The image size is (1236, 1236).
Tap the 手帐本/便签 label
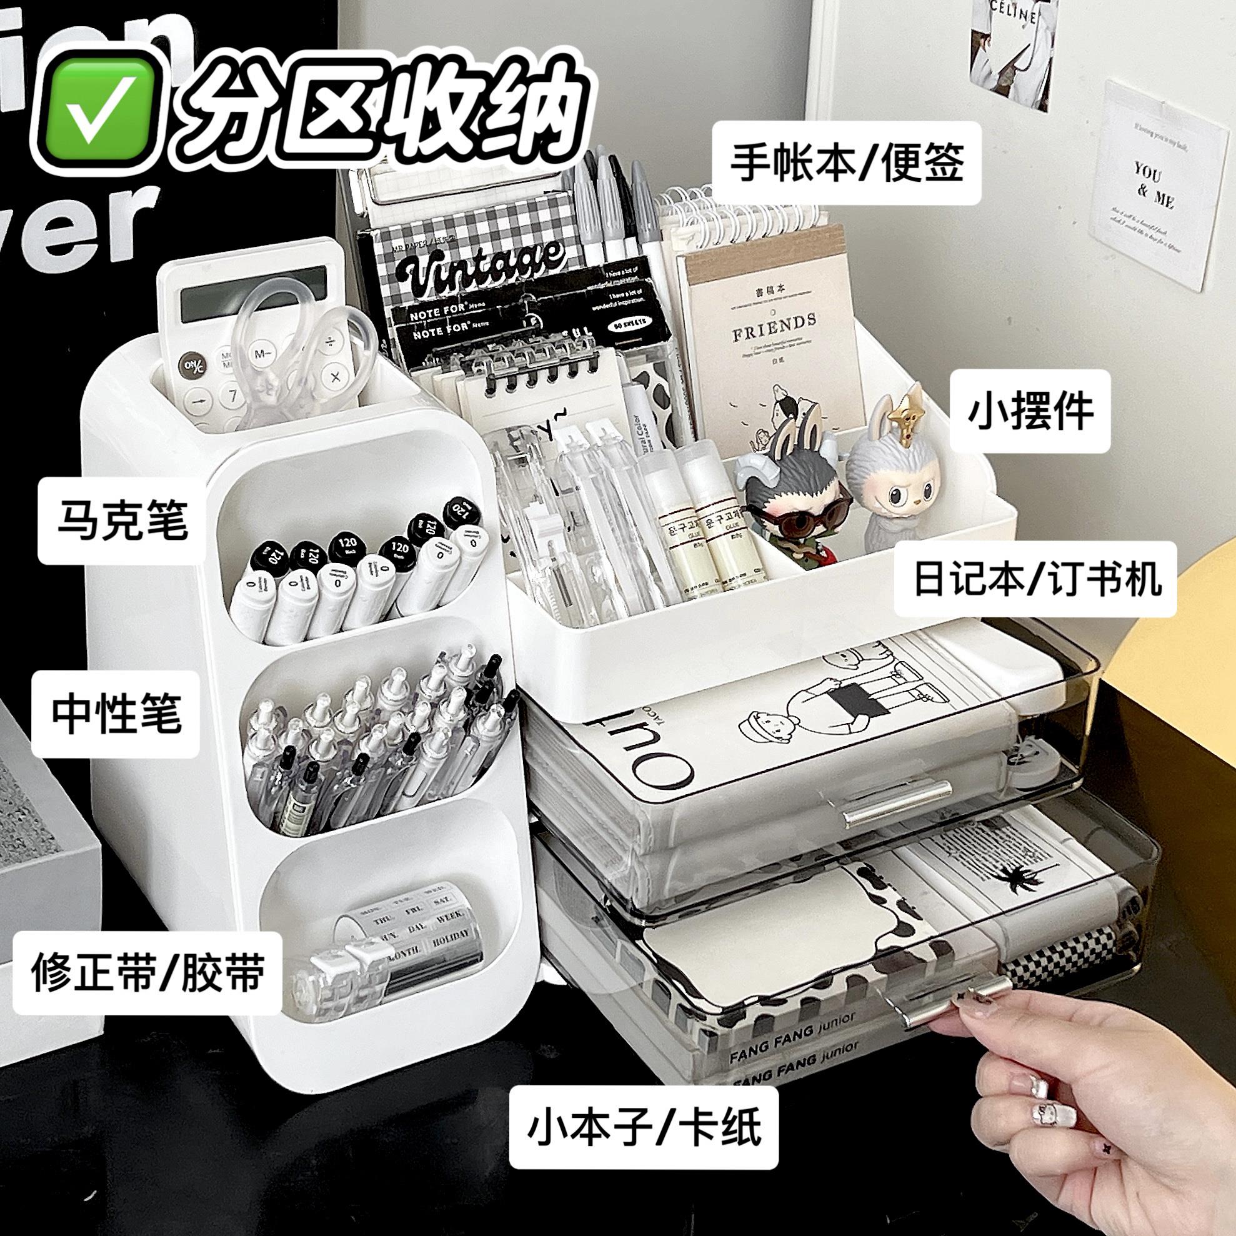tap(847, 164)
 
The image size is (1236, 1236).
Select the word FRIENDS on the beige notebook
tap(774, 320)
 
